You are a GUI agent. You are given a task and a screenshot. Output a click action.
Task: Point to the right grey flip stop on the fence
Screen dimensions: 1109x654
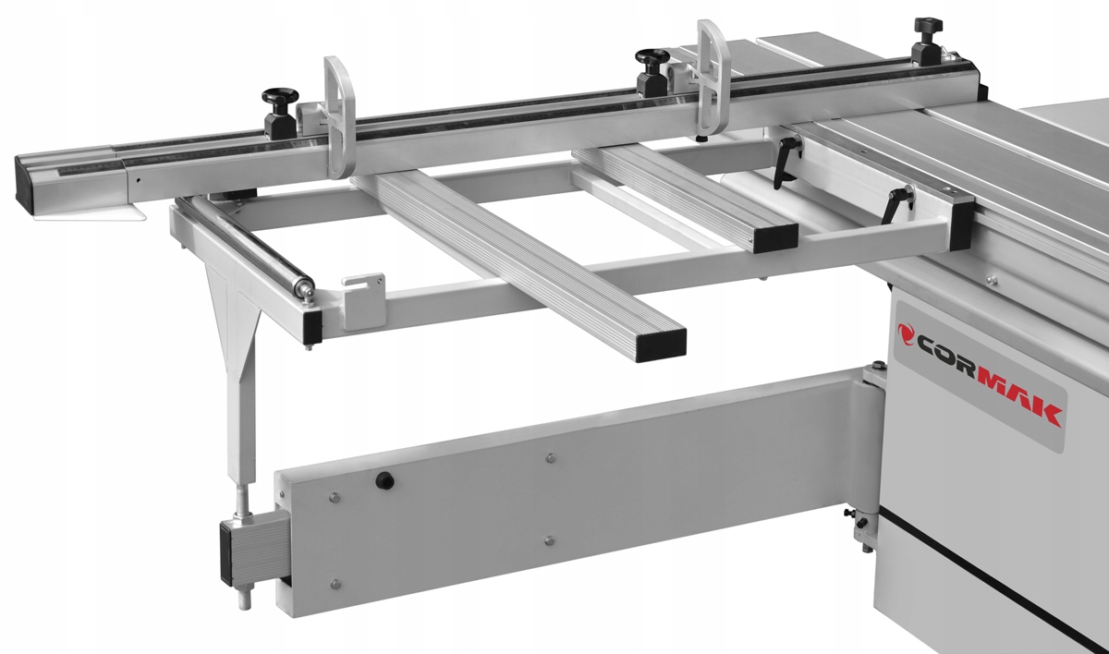(713, 79)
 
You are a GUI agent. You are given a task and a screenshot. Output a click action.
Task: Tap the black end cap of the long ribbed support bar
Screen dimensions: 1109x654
(661, 343)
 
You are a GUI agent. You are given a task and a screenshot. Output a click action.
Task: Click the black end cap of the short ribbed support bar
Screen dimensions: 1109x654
(774, 238)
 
